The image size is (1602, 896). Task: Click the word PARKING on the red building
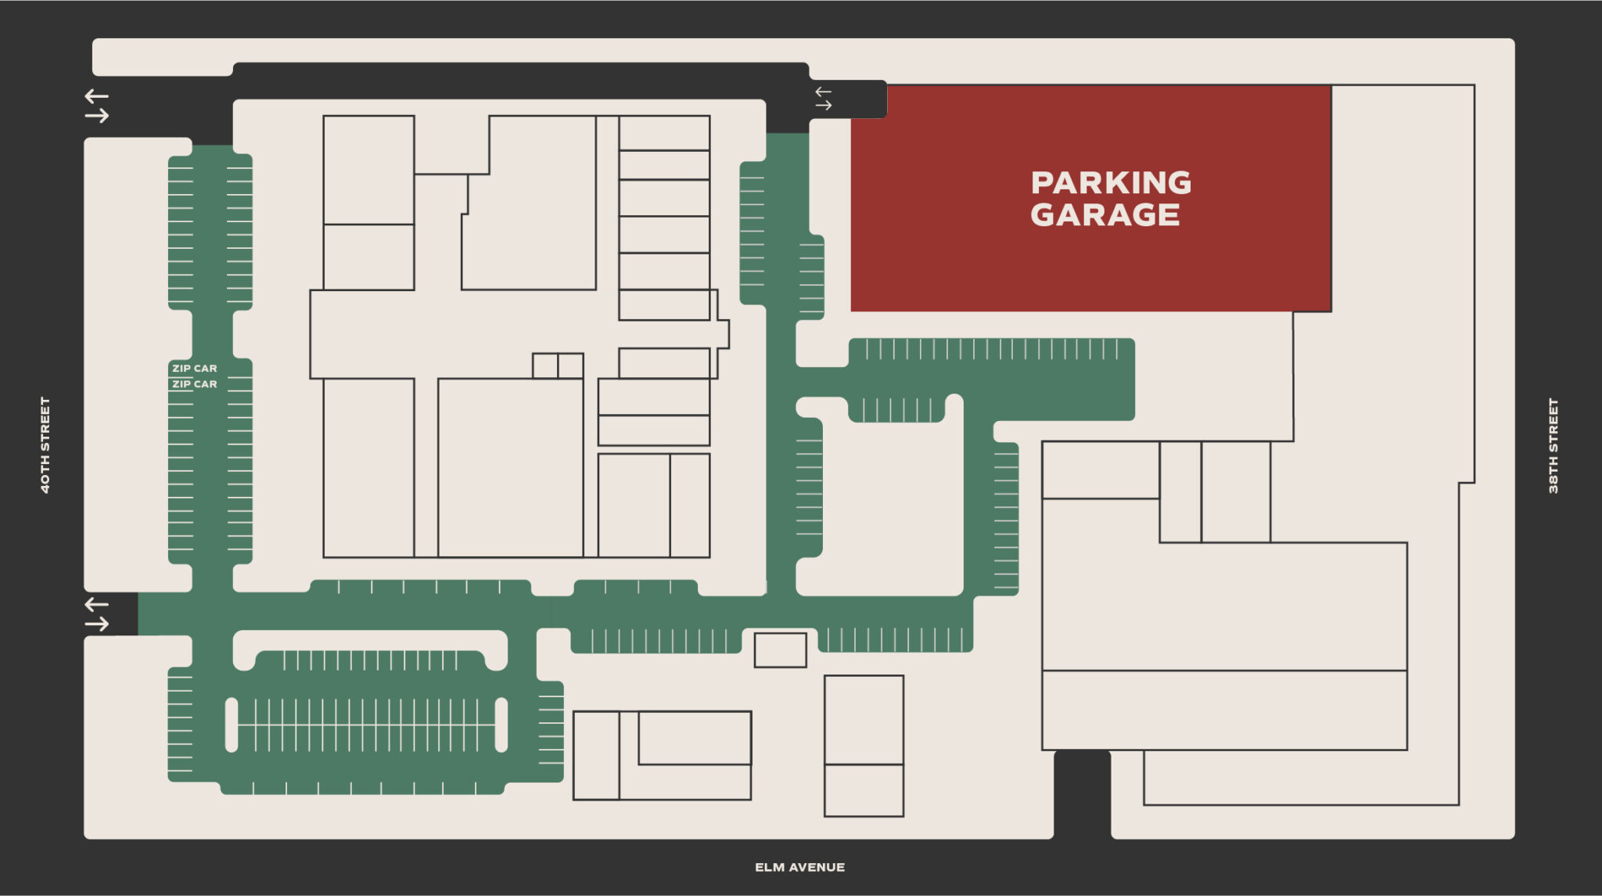pos(1111,183)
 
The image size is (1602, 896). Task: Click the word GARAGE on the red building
pos(1105,215)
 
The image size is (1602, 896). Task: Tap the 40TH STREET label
pos(45,444)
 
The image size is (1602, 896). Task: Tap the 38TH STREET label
pos(1554,446)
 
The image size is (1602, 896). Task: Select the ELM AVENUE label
pos(799,867)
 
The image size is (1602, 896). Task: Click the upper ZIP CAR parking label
pos(194,368)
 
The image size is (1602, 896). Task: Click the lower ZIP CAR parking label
pos(194,384)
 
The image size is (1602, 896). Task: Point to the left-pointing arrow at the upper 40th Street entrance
pos(96,96)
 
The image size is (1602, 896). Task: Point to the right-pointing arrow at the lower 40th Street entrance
pos(96,624)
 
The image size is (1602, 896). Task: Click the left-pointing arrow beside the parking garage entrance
pos(823,92)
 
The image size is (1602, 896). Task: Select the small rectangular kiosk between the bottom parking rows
pos(780,650)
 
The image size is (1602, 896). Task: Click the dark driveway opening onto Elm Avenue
pos(1082,794)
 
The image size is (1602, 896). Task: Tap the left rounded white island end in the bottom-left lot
pos(232,725)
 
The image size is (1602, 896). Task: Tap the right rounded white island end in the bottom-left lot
pos(501,725)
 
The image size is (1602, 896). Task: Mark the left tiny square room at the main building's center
pos(544,365)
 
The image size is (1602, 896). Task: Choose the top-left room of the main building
pos(368,170)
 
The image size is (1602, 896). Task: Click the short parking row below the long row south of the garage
pos(896,410)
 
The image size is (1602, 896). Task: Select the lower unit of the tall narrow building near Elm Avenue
pos(864,790)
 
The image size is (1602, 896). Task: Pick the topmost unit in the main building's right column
pos(664,133)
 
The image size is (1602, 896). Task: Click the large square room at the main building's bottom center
pos(510,468)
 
